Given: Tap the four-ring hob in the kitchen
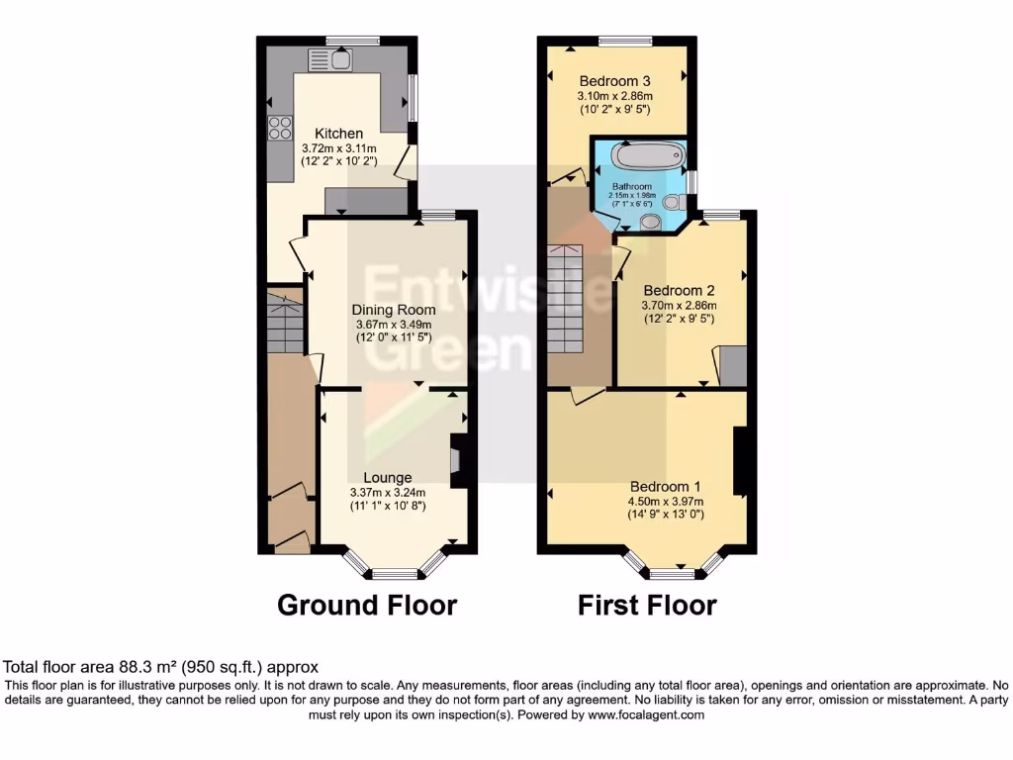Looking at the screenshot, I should coord(279,128).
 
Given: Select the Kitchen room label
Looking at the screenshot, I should coord(338,134).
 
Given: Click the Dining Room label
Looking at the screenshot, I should coord(395,309).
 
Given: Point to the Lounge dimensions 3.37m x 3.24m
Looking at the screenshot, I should coord(388,492).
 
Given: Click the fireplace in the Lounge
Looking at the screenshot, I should coord(458,461).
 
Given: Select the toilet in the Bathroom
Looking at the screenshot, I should coord(674,202).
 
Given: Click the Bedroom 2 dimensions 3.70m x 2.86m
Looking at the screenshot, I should coord(679,305).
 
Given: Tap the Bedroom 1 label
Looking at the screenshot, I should coord(665,487).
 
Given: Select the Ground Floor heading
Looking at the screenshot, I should coord(367,605).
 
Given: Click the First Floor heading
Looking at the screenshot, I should coord(647,605).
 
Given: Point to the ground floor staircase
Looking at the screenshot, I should coord(285,322).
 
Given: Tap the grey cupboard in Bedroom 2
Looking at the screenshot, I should coord(733,365).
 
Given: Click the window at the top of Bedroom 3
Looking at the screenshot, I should coord(624,41).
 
